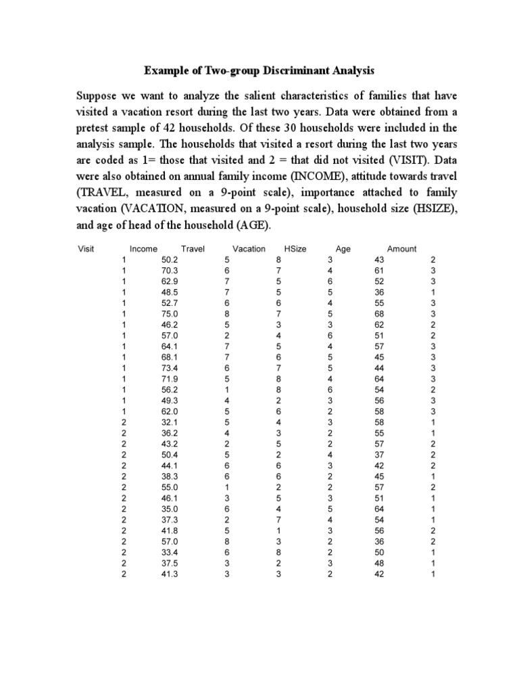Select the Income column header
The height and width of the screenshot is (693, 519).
pos(143,249)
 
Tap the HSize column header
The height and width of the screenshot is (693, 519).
pos(295,249)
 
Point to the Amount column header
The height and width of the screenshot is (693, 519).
pos(401,249)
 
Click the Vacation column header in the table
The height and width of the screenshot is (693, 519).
pos(249,249)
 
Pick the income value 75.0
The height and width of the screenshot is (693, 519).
pos(169,313)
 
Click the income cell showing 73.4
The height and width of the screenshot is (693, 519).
pos(169,369)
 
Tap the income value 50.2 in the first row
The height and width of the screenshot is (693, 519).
pos(169,260)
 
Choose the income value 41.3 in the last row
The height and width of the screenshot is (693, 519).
pos(169,575)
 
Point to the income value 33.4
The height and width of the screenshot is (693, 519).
pos(169,553)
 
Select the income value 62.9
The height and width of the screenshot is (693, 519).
pos(169,282)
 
